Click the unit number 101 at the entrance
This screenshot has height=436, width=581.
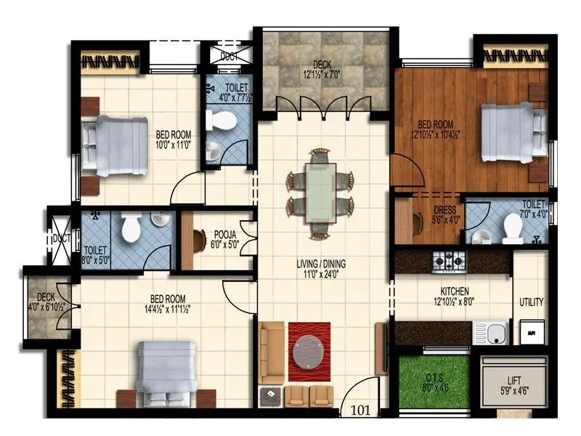pos(361,410)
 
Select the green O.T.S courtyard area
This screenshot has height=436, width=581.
pos(433,381)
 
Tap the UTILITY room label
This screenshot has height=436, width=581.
pos(531,302)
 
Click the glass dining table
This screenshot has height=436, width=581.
pos(320,193)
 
